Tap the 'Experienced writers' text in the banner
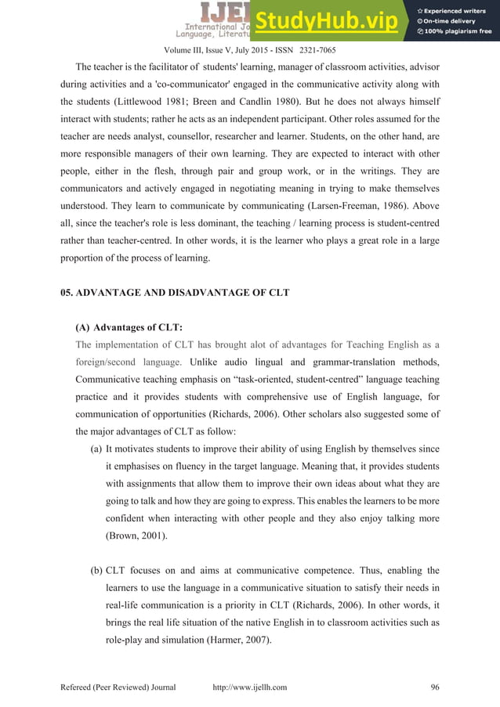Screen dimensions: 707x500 (458, 9)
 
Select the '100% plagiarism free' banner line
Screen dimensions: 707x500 (458, 32)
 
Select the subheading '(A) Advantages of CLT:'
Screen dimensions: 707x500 (122, 328)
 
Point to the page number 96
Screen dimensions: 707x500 (435, 687)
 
